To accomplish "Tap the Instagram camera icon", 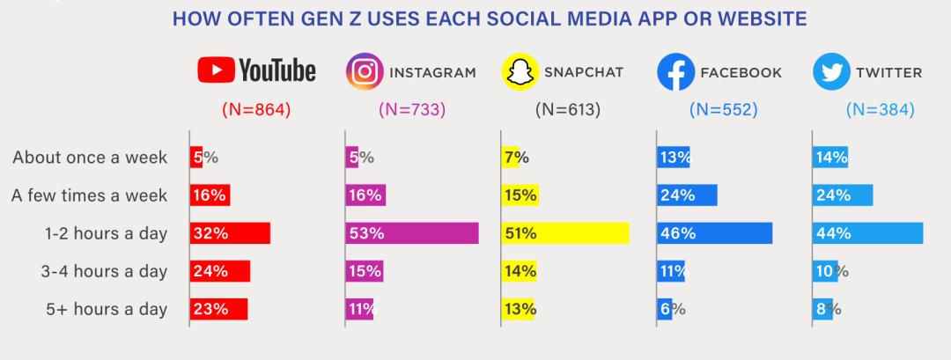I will tap(362, 72).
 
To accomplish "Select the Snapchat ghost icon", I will tap(519, 72).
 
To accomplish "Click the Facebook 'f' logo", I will tap(675, 72).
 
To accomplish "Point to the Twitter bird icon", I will tap(830, 72).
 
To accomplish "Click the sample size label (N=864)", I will tap(255, 110).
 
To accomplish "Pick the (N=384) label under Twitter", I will tap(880, 110).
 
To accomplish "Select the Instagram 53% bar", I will tap(412, 233).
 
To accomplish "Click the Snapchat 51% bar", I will tap(565, 233).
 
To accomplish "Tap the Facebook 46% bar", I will tap(715, 233).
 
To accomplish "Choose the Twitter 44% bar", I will tap(867, 233).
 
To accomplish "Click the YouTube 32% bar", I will tap(230, 233).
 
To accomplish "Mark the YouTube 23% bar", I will tap(218, 309).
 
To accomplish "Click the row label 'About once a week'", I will tap(89, 158).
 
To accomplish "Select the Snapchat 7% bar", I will tap(510, 158).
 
